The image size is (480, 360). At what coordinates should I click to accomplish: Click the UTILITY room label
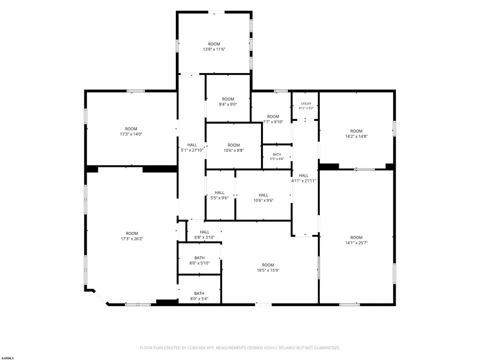[306, 104]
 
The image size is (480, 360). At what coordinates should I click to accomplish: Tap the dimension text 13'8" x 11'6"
[214, 49]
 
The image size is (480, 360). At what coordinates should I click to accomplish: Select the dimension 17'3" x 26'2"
[132, 239]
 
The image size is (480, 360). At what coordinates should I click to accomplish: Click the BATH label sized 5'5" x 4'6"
[277, 155]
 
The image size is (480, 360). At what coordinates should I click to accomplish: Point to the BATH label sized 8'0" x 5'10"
[200, 258]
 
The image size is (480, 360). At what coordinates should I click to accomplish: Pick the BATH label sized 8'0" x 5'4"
[199, 293]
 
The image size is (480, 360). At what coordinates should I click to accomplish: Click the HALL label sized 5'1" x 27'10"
[192, 145]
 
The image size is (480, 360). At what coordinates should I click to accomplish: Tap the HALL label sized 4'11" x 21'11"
[304, 175]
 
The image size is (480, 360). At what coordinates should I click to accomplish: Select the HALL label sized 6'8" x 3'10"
[204, 232]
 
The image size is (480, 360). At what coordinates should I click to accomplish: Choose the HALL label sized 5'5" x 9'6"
[219, 193]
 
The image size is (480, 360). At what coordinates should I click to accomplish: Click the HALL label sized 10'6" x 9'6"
[263, 195]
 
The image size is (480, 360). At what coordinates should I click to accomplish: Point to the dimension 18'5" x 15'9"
[268, 270]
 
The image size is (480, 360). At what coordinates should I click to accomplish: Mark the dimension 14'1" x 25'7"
[356, 243]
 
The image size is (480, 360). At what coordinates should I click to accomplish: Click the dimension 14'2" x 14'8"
[356, 136]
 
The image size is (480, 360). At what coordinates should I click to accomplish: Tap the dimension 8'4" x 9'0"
[228, 105]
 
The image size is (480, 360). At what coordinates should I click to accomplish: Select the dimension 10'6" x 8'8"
[233, 150]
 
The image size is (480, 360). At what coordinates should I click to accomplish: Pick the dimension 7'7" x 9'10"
[273, 122]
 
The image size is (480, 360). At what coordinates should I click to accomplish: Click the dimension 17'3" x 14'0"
[131, 134]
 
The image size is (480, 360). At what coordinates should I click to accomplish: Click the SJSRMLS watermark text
[7, 358]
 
